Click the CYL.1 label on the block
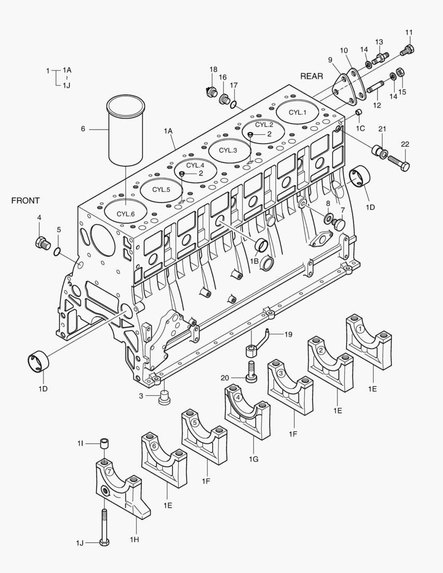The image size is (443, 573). [298, 112]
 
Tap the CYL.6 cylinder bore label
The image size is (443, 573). [125, 213]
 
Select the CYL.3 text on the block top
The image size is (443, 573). [228, 150]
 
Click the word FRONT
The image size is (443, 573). [25, 201]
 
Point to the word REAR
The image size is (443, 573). [311, 76]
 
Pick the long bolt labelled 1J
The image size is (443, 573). [104, 525]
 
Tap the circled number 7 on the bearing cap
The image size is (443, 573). [109, 471]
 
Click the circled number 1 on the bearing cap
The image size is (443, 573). [360, 329]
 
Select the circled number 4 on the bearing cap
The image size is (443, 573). [238, 397]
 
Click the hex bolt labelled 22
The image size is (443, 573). [398, 162]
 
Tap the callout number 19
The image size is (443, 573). [288, 334]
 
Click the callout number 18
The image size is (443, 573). [213, 70]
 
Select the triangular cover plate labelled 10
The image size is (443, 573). [349, 87]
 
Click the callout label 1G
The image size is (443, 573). [253, 459]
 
